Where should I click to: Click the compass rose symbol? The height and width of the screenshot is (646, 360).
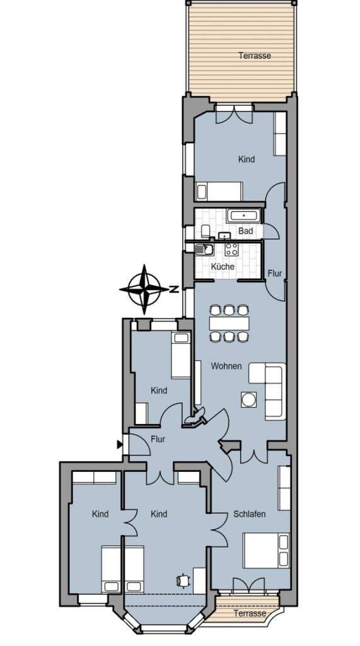tap(144, 289)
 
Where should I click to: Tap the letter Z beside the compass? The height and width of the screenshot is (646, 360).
tap(174, 289)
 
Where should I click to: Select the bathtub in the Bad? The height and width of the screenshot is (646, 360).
tap(243, 216)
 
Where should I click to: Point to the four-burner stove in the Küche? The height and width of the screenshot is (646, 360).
tap(231, 249)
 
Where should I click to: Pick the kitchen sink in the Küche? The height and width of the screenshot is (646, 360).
tap(204, 249)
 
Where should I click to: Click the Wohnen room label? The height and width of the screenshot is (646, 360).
tap(226, 366)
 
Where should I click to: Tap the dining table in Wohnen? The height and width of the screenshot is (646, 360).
tap(229, 323)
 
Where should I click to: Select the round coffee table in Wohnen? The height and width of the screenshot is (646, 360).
tap(249, 399)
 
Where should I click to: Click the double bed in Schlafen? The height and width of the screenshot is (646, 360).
tap(265, 550)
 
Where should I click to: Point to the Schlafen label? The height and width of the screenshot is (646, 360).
tap(249, 514)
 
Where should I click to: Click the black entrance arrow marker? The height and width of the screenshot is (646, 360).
tap(119, 444)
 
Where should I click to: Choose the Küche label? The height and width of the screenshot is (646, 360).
tap(223, 267)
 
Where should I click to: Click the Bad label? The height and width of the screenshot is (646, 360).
tap(245, 231)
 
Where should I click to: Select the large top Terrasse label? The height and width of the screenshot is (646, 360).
tap(255, 56)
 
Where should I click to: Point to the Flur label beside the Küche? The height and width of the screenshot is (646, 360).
tap(275, 273)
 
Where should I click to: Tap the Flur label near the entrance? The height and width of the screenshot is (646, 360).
tap(158, 439)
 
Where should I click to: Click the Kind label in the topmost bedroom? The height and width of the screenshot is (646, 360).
tap(247, 159)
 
